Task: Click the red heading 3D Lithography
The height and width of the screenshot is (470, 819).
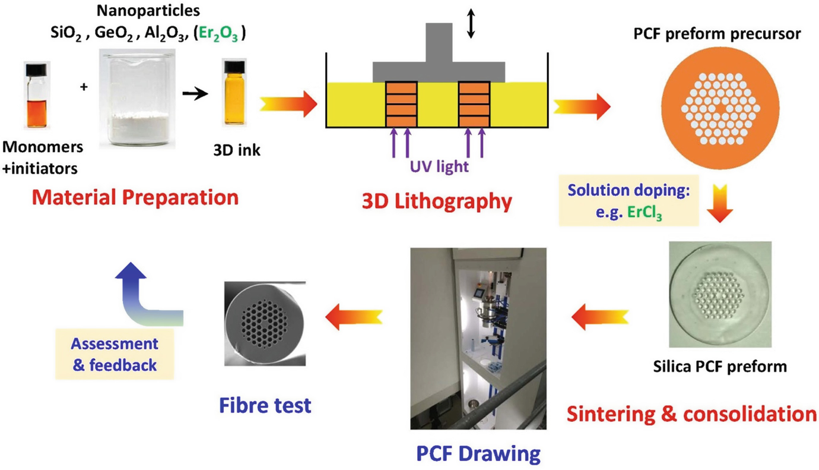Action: coord(437,201)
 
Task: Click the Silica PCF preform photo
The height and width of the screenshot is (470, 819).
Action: coord(720,294)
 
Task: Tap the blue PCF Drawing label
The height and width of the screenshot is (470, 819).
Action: coord(475,455)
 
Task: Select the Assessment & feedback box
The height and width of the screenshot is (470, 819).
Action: coord(115,354)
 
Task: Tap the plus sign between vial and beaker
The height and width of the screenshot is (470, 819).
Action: coord(83,87)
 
